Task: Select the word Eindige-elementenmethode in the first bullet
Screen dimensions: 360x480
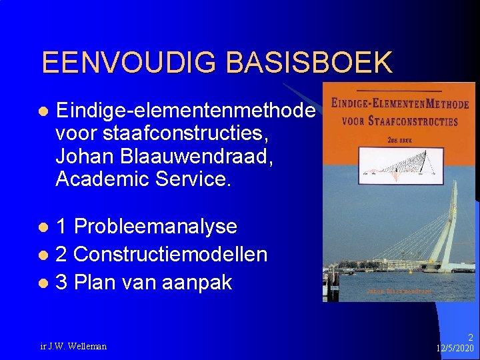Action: click(185, 109)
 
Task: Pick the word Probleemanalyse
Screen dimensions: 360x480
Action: click(155, 226)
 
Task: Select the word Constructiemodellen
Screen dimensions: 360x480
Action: click(170, 254)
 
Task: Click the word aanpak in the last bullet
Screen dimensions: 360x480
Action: click(200, 282)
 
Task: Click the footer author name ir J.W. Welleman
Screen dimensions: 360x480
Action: click(73, 346)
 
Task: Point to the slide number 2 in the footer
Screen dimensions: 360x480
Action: click(470, 338)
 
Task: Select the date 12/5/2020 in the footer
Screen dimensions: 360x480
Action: click(455, 349)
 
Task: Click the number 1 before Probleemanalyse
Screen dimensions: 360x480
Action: click(61, 226)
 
